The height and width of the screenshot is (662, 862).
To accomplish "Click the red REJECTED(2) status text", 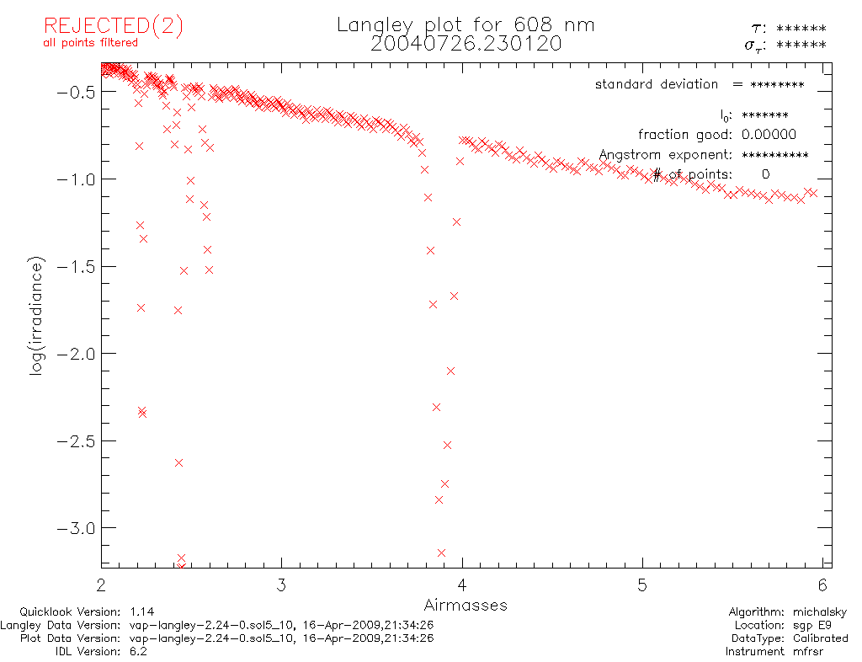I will (x=113, y=26).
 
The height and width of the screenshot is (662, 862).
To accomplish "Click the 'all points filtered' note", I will (x=90, y=43).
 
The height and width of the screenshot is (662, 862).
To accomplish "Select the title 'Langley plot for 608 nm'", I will (x=466, y=25).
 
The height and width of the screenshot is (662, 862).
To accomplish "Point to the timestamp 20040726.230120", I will (x=466, y=44).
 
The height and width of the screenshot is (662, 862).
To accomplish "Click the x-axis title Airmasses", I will (x=466, y=605).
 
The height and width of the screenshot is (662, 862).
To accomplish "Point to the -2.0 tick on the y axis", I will (x=75, y=354).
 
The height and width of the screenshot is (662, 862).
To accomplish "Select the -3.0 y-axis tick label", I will (x=75, y=528).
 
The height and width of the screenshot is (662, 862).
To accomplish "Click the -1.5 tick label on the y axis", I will (x=75, y=266).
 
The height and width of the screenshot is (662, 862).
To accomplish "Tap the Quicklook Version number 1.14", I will (x=142, y=612).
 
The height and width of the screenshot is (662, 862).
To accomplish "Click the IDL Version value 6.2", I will (x=139, y=651).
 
